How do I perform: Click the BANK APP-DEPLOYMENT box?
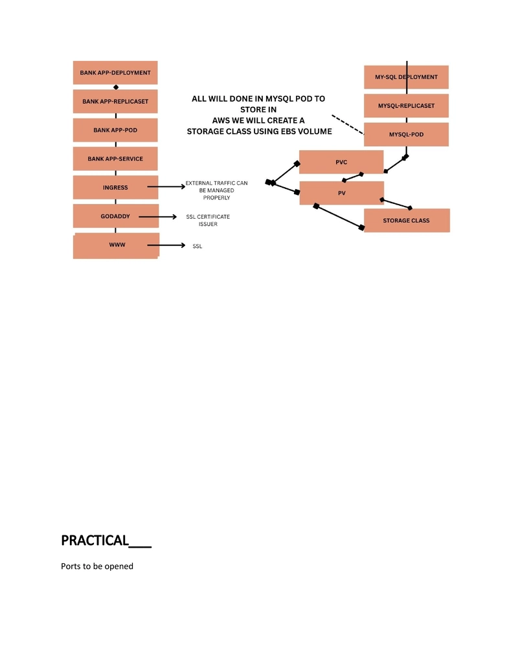coord(115,73)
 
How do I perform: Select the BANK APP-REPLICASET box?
coord(115,101)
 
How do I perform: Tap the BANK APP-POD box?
coord(115,130)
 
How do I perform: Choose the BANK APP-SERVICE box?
coord(115,159)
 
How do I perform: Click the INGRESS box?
coord(115,187)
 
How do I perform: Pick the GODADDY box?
coord(116,216)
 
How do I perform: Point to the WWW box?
coord(117,246)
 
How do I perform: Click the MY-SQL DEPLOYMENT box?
coord(407,77)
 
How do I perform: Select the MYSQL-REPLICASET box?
coord(407,106)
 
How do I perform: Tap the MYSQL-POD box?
coord(407,134)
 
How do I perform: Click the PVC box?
coord(341,162)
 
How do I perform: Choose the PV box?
coord(341,193)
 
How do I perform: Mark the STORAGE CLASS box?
coord(407,221)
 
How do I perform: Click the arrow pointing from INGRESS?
coord(166,186)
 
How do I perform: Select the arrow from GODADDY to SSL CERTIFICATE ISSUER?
coord(158,217)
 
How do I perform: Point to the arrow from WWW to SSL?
coord(166,245)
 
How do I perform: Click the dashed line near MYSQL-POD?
coord(348,124)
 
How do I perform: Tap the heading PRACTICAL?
coord(95,541)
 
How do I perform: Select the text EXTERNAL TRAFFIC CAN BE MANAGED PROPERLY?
coord(217,190)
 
